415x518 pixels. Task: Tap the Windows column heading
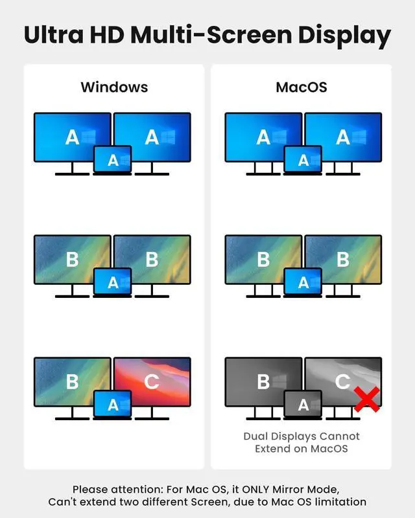pos(114,87)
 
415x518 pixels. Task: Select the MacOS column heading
pos(302,87)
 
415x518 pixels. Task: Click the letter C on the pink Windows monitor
pos(152,381)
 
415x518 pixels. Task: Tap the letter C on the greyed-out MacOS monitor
pos(343,381)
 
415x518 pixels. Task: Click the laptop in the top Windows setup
pos(113,160)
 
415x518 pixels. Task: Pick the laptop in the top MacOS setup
pos(303,160)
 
